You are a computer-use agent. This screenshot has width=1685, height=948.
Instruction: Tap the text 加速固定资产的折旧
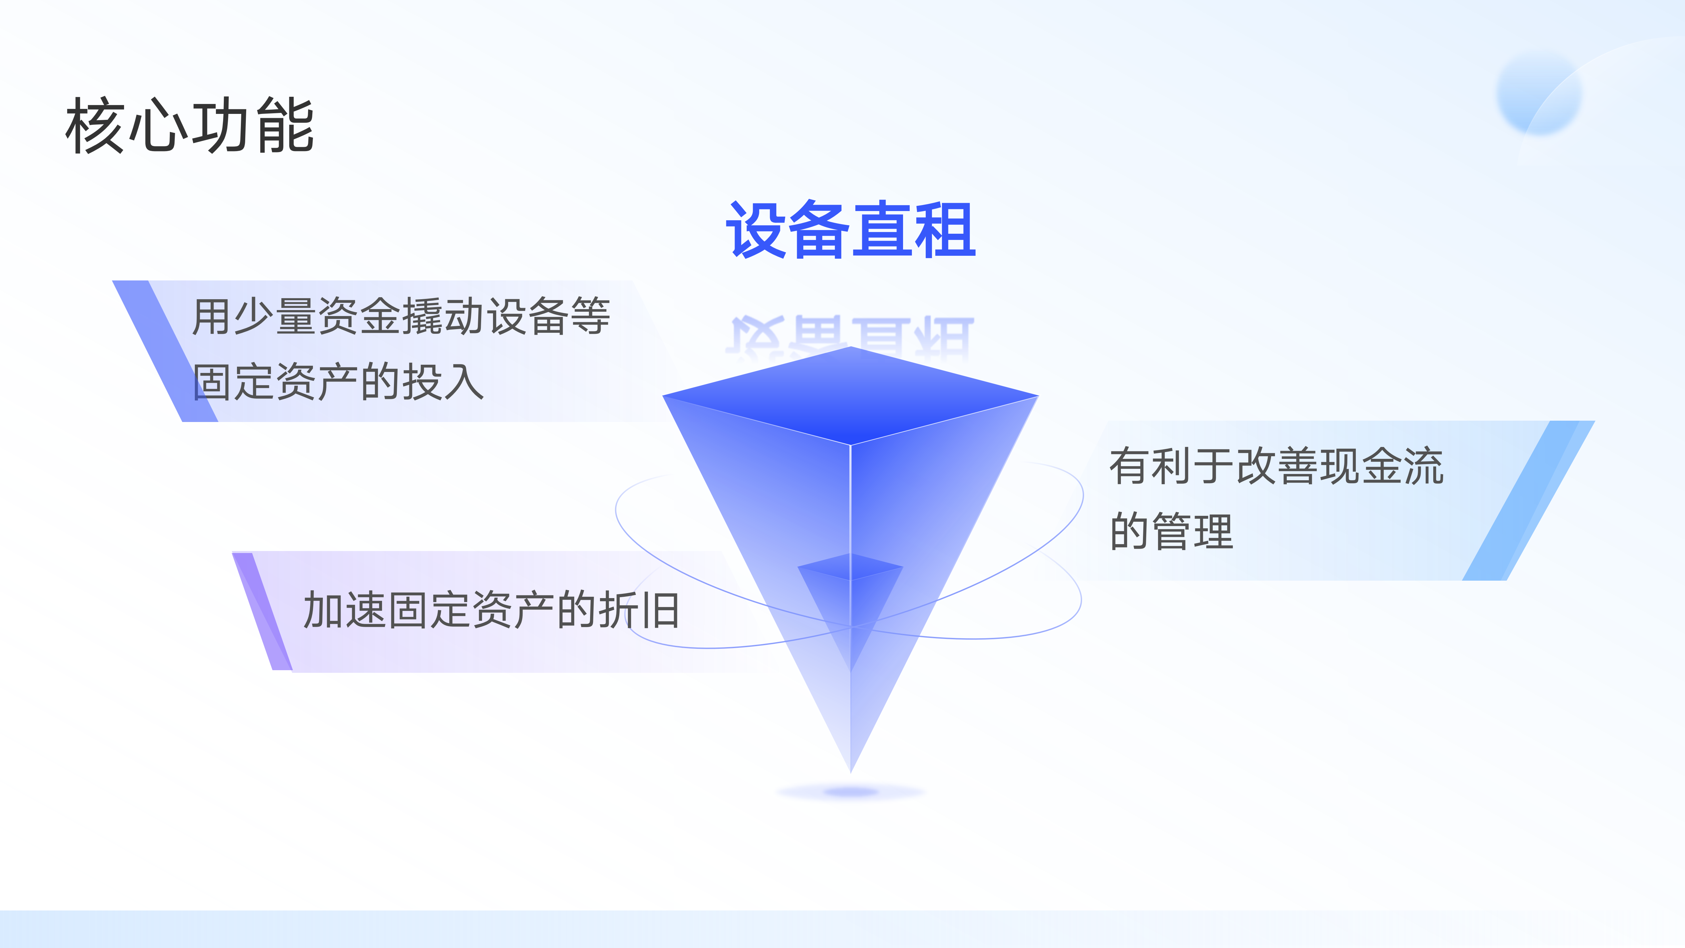tap(491, 610)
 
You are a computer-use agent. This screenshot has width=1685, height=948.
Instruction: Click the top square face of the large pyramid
tap(850, 396)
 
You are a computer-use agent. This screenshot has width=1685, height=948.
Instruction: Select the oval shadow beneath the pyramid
tap(850, 792)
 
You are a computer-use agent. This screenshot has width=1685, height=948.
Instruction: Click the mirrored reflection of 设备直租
tap(850, 337)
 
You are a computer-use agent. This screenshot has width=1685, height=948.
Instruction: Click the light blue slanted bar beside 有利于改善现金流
tap(1529, 500)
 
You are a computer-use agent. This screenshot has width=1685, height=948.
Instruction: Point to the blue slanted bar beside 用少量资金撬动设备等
tap(165, 351)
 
